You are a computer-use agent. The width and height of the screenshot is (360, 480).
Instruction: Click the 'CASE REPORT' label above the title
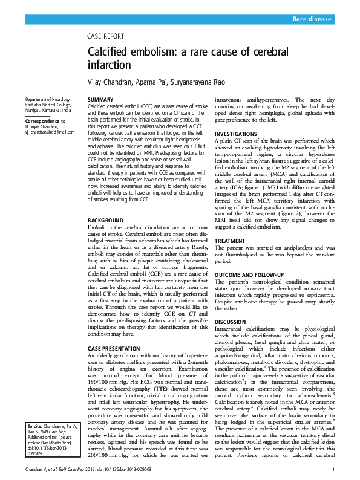coord(106,36)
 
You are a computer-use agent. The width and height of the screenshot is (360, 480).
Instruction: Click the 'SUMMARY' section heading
coord(100,99)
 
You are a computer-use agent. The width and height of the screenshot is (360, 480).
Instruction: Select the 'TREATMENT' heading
coord(231,241)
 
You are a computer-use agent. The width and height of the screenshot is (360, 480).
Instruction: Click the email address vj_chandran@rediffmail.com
coord(50,132)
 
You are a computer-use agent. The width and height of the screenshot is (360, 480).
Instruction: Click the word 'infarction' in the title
coord(110,65)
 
